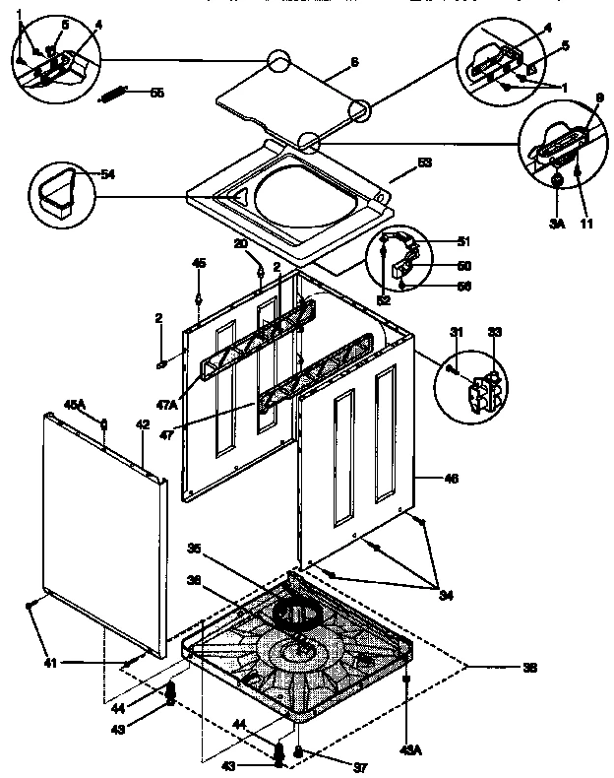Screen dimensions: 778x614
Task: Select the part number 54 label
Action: pos(107,173)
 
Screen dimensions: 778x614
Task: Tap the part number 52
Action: pos(385,299)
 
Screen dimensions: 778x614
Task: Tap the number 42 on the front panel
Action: pos(143,425)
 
